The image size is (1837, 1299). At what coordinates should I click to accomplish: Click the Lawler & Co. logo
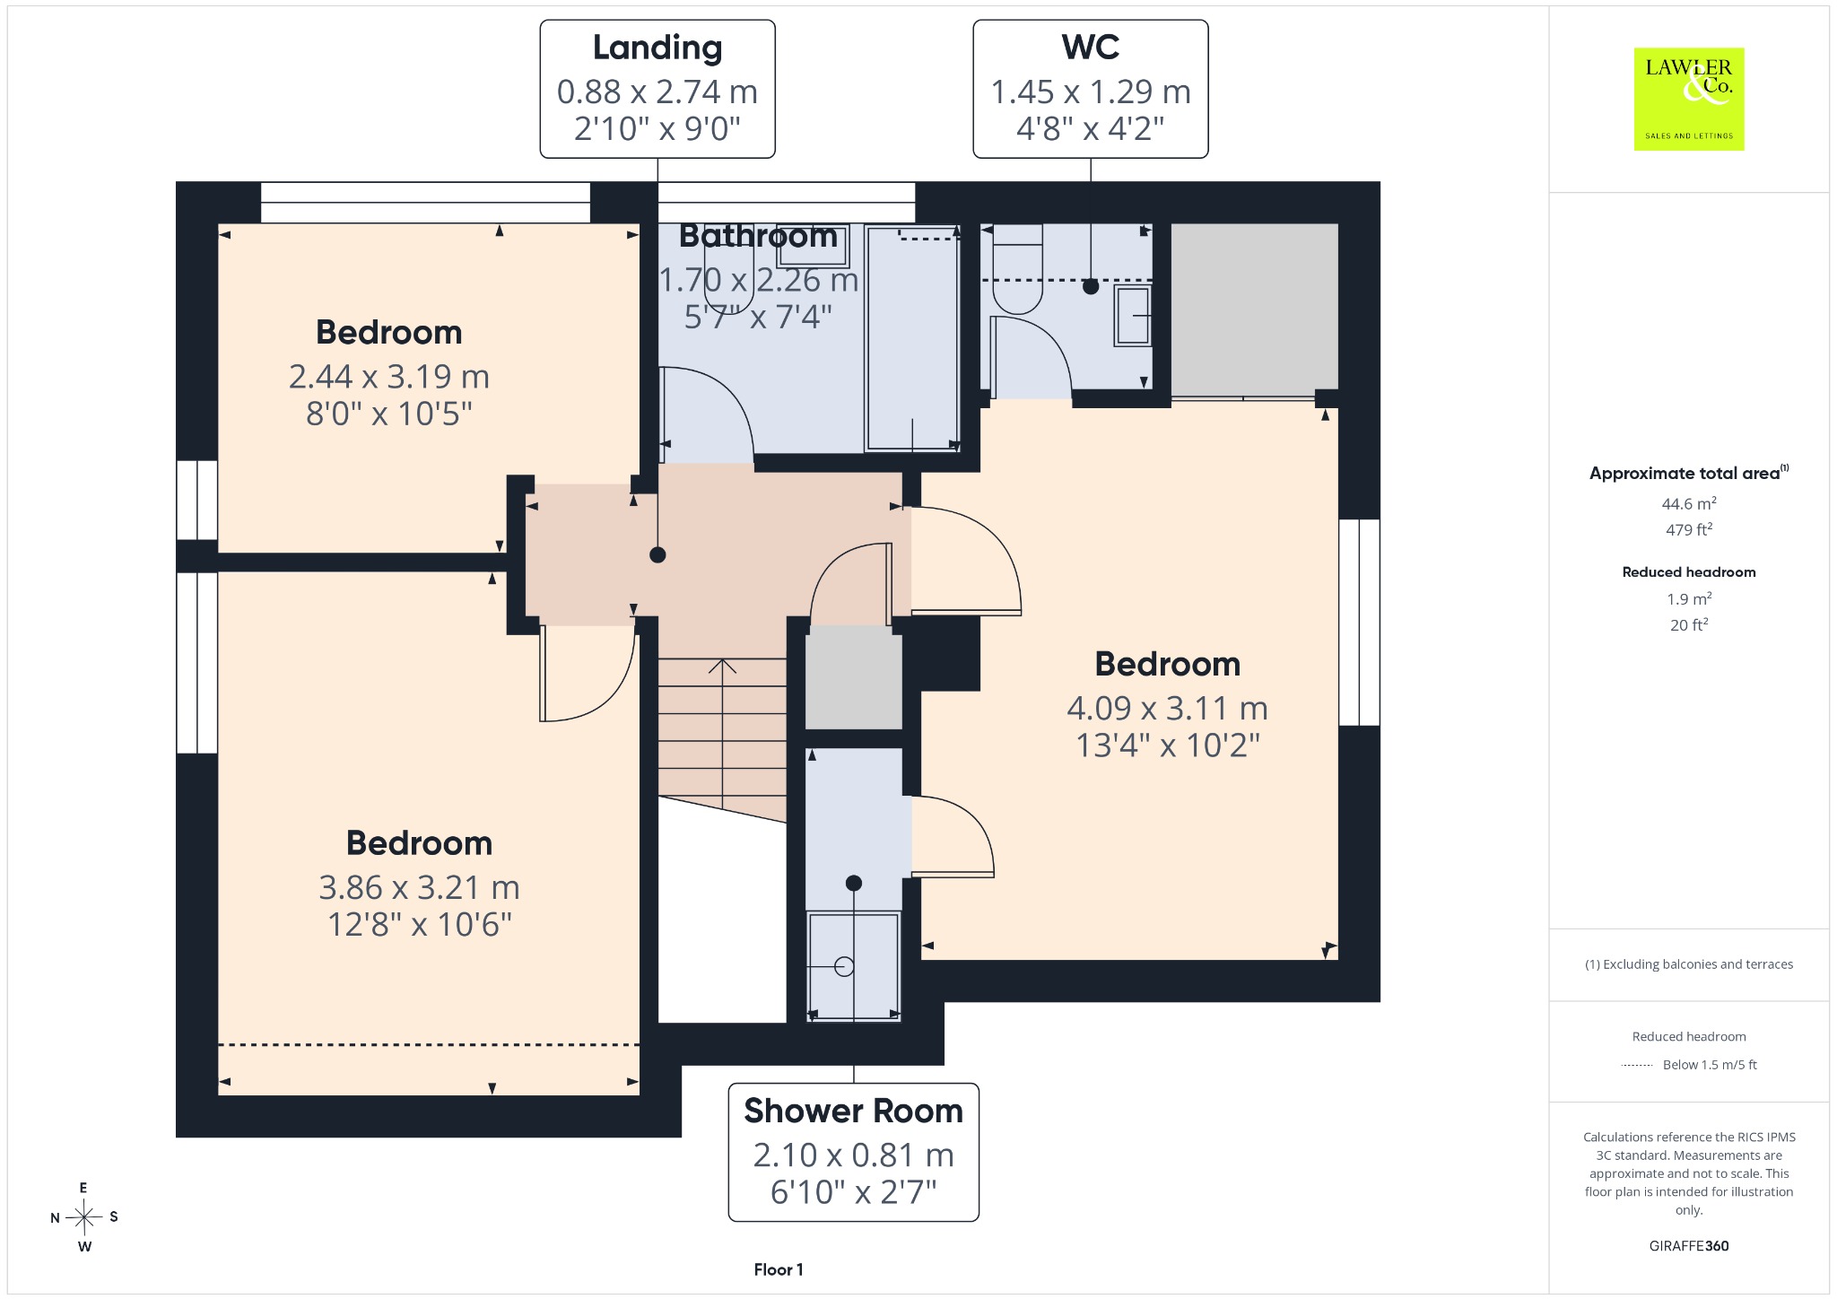coord(1688,99)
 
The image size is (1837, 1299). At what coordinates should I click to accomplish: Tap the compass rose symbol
coord(84,1217)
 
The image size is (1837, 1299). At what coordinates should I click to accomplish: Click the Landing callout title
coord(657,48)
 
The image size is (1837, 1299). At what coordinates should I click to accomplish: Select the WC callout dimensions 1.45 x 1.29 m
coord(1091,92)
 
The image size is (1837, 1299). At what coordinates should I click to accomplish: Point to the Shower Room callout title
coord(853,1111)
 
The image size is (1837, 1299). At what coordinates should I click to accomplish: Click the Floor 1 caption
coord(779,1269)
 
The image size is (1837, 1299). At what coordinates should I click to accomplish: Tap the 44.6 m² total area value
coord(1689,503)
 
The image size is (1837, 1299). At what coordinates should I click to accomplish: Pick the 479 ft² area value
coord(1689,529)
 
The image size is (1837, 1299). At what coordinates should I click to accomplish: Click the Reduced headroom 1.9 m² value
coord(1689,598)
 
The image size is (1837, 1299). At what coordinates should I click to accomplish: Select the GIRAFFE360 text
coord(1689,1245)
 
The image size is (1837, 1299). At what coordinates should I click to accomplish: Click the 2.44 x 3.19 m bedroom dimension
coord(389,377)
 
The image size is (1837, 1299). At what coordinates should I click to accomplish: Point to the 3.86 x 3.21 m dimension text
coord(420,888)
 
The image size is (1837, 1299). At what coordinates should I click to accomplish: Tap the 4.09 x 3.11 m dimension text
coord(1168,709)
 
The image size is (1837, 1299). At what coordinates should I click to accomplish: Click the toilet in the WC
coord(1018,268)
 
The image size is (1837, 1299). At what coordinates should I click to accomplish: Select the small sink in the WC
coord(1132,315)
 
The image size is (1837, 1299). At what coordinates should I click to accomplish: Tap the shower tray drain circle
coord(844,966)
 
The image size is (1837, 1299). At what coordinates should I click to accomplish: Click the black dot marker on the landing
coord(657,555)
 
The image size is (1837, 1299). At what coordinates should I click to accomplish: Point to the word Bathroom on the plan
coord(758,236)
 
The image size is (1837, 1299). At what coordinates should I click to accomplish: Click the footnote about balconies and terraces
coord(1689,964)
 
